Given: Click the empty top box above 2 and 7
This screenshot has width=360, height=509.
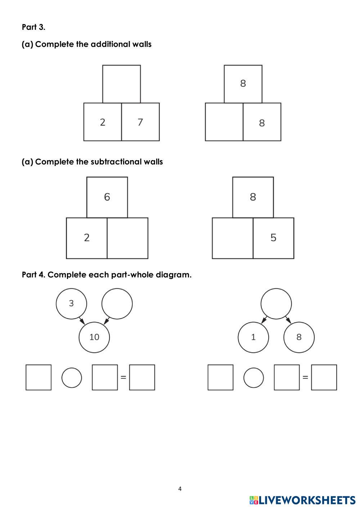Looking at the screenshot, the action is click(x=121, y=84).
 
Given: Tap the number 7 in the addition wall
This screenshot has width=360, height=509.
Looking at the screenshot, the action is click(x=140, y=122).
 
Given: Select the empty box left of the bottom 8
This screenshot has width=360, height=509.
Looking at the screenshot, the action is click(x=224, y=122).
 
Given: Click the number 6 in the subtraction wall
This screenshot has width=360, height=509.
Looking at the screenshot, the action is click(x=107, y=197).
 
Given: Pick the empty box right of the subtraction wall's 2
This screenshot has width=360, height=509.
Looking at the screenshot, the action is click(x=127, y=238).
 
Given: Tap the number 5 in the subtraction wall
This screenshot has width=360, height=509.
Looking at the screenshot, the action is click(x=273, y=238).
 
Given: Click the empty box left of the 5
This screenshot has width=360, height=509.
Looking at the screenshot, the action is click(x=233, y=238).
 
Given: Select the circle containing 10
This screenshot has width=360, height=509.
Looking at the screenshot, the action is click(x=94, y=337).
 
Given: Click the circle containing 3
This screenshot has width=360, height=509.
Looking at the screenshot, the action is click(x=71, y=303).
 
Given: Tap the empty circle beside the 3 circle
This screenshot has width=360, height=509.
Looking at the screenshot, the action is click(x=117, y=303).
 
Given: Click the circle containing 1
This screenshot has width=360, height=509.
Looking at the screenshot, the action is click(x=253, y=337).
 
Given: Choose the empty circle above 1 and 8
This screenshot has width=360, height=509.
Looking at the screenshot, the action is click(x=276, y=303).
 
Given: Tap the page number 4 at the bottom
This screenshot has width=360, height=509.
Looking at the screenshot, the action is click(x=180, y=488).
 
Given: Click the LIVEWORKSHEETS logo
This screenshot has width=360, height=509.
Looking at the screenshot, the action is click(x=302, y=500).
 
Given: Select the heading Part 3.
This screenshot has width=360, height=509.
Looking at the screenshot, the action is click(x=33, y=27).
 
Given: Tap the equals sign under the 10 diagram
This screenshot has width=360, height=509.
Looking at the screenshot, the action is click(x=123, y=378).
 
